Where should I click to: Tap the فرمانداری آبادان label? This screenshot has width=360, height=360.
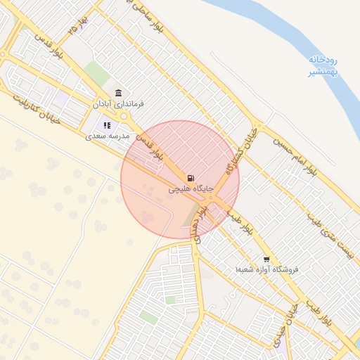click(x=118, y=104)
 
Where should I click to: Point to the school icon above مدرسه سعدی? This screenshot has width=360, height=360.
click(x=108, y=125)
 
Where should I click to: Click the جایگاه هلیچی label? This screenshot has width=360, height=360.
click(x=188, y=190)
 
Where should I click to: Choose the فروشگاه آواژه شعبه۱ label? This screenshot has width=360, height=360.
click(x=267, y=269)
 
